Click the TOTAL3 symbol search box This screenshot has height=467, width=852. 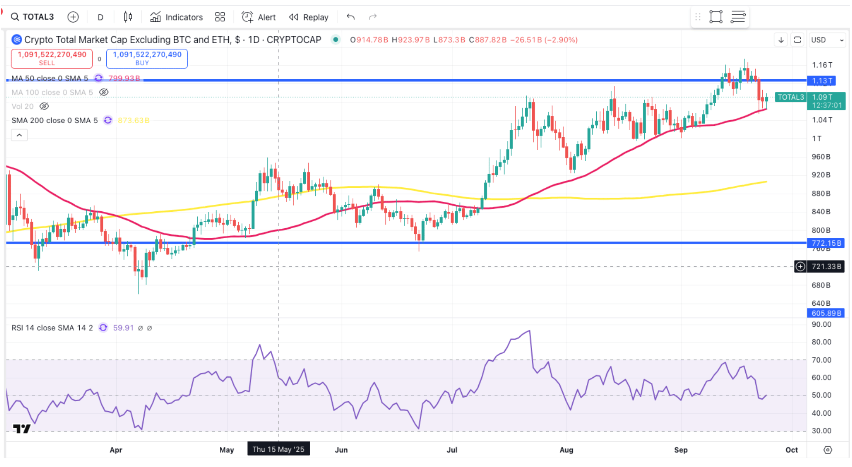(33, 17)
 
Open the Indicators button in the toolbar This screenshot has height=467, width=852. (176, 17)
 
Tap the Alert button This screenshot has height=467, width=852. (259, 17)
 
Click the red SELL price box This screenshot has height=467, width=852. (51, 58)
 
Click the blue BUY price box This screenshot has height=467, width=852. (147, 58)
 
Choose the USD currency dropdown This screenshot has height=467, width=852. (826, 40)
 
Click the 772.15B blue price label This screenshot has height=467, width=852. (825, 243)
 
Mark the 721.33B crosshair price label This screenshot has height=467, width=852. (826, 266)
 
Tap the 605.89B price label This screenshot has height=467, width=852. (825, 313)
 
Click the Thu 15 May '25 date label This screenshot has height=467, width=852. (278, 449)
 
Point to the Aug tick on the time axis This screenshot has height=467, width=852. (566, 450)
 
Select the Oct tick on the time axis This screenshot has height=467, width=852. (791, 450)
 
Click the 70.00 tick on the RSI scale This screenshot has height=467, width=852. (821, 360)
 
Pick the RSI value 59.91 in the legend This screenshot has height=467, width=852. (123, 328)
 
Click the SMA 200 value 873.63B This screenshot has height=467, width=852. (133, 120)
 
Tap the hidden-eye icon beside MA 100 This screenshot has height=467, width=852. (104, 92)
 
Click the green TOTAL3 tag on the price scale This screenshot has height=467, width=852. (790, 97)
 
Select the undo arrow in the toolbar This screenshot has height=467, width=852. (351, 17)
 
